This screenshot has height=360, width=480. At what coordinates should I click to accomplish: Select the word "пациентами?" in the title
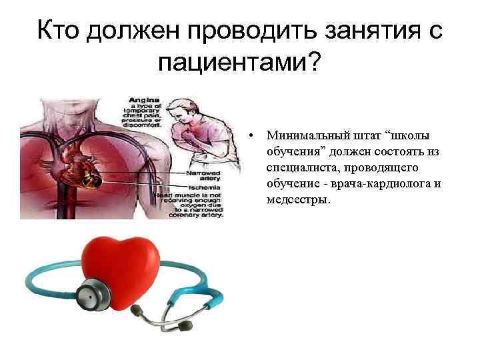click(x=240, y=65)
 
